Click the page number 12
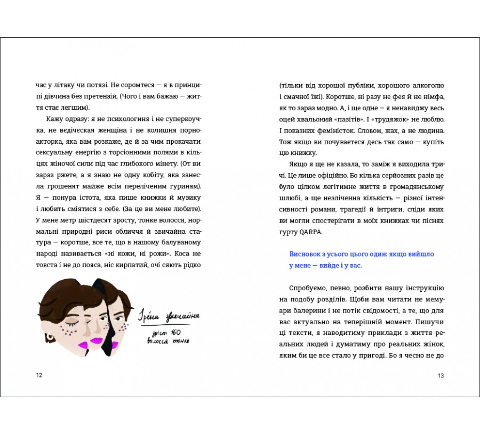tap(39, 375)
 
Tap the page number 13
tap(441, 375)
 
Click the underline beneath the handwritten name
tap(170, 325)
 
